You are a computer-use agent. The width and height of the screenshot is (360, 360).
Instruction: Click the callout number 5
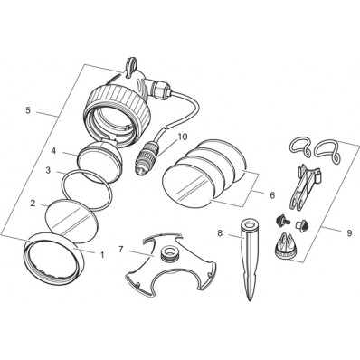pyautogui.click(x=28, y=110)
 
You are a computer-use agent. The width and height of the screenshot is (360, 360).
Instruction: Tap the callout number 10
pyautogui.click(x=183, y=137)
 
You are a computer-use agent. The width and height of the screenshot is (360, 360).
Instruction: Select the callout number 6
pyautogui.click(x=272, y=195)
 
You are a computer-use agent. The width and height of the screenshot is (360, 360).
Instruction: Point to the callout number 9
pyautogui.click(x=349, y=233)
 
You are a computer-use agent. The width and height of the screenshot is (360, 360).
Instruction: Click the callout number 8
pyautogui.click(x=220, y=233)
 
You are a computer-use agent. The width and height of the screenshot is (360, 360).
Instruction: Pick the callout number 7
pyautogui.click(x=121, y=250)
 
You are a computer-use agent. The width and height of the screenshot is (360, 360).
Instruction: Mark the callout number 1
pyautogui.click(x=102, y=255)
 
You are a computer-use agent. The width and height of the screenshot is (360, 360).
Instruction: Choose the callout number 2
pyautogui.click(x=33, y=203)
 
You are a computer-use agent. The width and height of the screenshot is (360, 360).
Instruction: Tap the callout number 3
pyautogui.click(x=48, y=170)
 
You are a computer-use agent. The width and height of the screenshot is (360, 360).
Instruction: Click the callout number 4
pyautogui.click(x=53, y=151)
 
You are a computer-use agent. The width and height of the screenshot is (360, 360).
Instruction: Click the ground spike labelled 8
pyautogui.click(x=248, y=260)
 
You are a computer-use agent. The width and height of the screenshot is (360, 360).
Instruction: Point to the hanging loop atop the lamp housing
pyautogui.click(x=130, y=66)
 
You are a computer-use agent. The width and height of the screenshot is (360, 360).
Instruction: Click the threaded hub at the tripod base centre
pyautogui.click(x=169, y=253)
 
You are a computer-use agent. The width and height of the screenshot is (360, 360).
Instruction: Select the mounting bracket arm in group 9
pyautogui.click(x=302, y=187)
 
